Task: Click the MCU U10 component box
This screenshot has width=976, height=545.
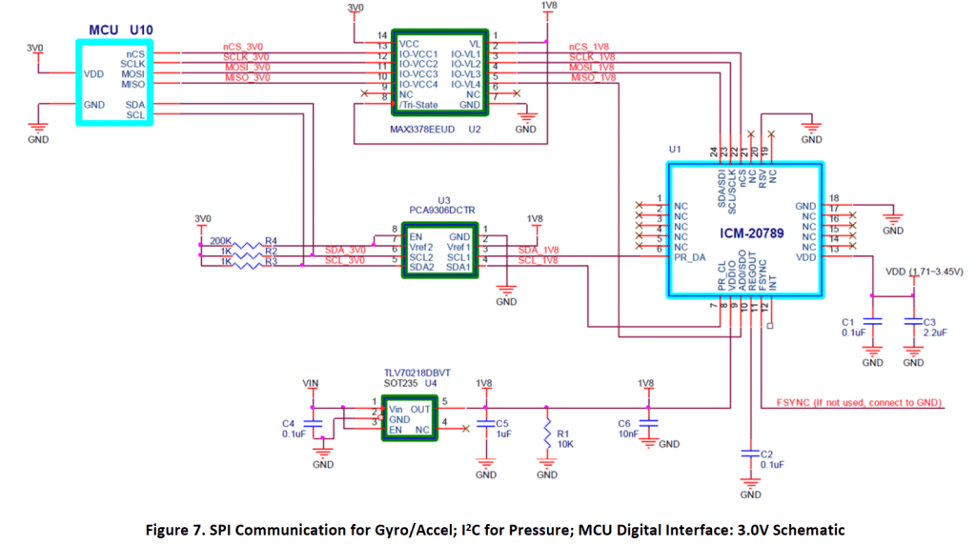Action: click(118, 83)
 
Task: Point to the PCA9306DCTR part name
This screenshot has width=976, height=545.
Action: click(442, 212)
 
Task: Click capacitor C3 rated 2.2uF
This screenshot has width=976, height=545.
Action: click(912, 327)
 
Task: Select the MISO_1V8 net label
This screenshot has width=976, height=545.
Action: click(592, 77)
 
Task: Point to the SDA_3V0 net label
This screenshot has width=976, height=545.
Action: click(345, 250)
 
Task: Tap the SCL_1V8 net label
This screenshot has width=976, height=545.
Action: click(539, 260)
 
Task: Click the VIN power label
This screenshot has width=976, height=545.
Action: click(309, 383)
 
